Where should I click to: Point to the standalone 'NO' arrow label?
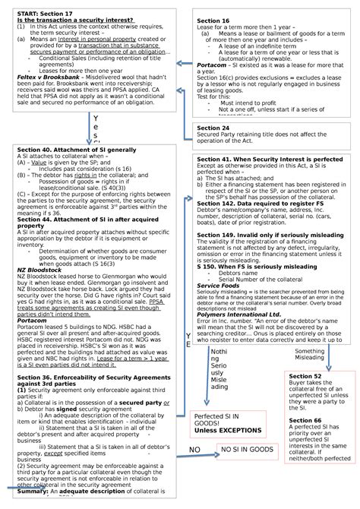coord(194,450)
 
